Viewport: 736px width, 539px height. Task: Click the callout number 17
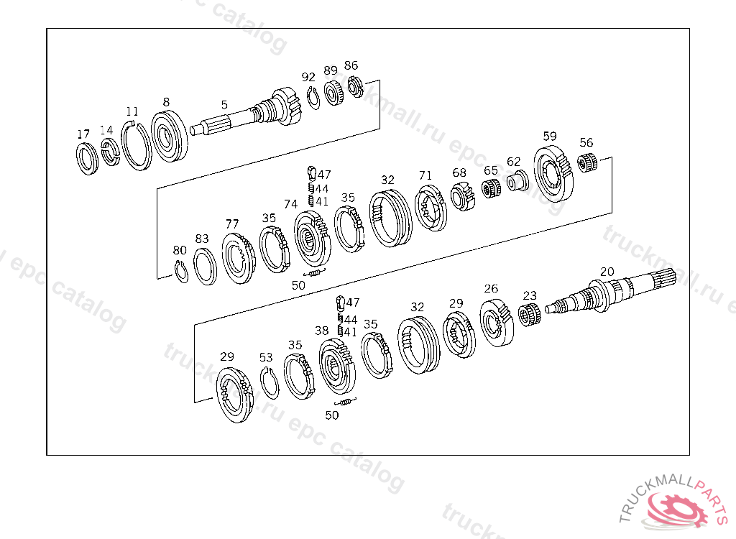pyautogui.click(x=83, y=134)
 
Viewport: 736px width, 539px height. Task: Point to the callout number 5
pyautogui.click(x=224, y=105)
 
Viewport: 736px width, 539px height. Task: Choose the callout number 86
pyautogui.click(x=351, y=65)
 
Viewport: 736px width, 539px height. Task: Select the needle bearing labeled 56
pyautogui.click(x=586, y=162)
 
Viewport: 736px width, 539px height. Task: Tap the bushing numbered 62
pyautogui.click(x=517, y=181)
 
